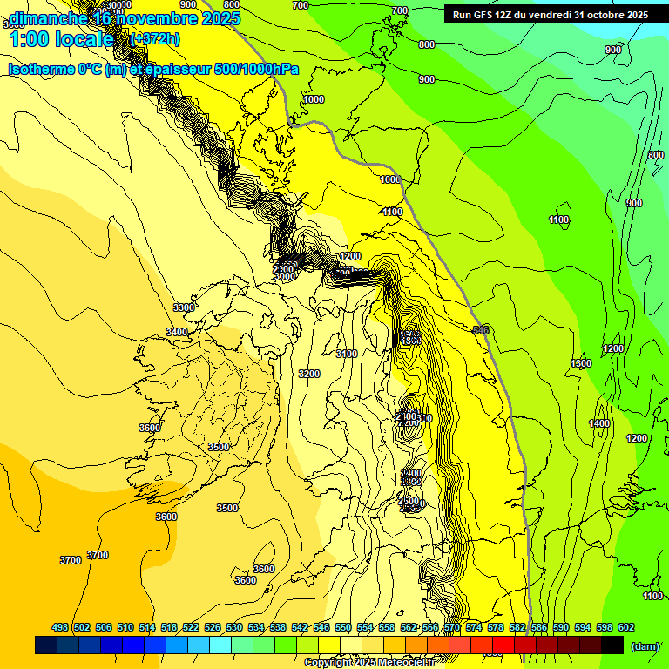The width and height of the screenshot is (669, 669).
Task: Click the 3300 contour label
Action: tap(184, 307)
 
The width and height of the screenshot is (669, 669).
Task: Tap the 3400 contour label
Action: tap(177, 332)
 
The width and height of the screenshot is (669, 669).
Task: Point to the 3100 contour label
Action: tap(347, 354)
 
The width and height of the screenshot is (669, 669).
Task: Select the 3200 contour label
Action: tap(309, 374)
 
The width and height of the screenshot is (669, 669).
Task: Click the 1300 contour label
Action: tap(581, 363)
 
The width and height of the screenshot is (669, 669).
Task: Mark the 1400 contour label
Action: tap(599, 423)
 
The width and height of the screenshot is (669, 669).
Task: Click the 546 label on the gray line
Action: tap(481, 329)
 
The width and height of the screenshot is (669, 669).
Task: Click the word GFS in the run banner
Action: tap(484, 15)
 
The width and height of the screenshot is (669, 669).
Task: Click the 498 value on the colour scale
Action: tap(60, 627)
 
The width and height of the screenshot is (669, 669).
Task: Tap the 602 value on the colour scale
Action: tap(626, 627)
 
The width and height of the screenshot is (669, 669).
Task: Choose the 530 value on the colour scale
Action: tap(234, 627)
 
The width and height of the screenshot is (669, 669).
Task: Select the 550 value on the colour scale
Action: tap(343, 627)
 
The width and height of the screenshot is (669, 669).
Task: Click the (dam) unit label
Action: tap(644, 645)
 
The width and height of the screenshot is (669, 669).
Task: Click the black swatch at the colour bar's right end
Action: tap(612, 645)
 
